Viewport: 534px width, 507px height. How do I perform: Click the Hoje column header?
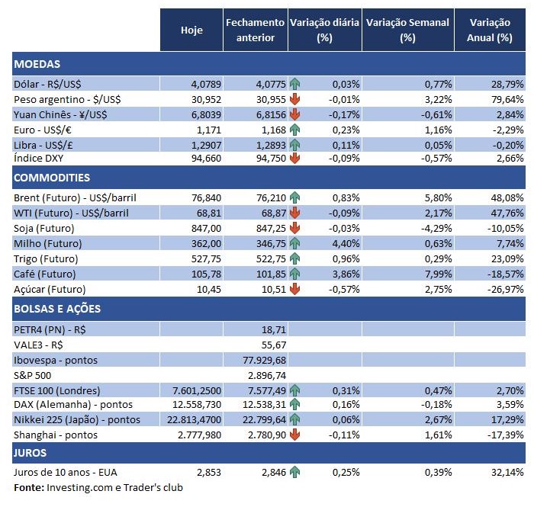click(x=191, y=30)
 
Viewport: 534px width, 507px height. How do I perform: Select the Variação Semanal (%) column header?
click(x=407, y=30)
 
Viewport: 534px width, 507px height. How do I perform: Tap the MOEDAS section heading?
click(x=37, y=64)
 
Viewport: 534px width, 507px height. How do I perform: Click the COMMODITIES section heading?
click(x=52, y=178)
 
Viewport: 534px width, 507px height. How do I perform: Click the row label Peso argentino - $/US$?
click(x=67, y=99)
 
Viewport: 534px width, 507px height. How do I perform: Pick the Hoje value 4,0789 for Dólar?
click(x=200, y=83)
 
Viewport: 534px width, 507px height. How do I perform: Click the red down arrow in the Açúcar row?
click(x=295, y=289)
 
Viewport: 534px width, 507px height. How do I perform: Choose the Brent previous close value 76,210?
click(x=265, y=197)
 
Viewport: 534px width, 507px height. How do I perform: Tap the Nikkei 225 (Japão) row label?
click(x=77, y=419)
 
